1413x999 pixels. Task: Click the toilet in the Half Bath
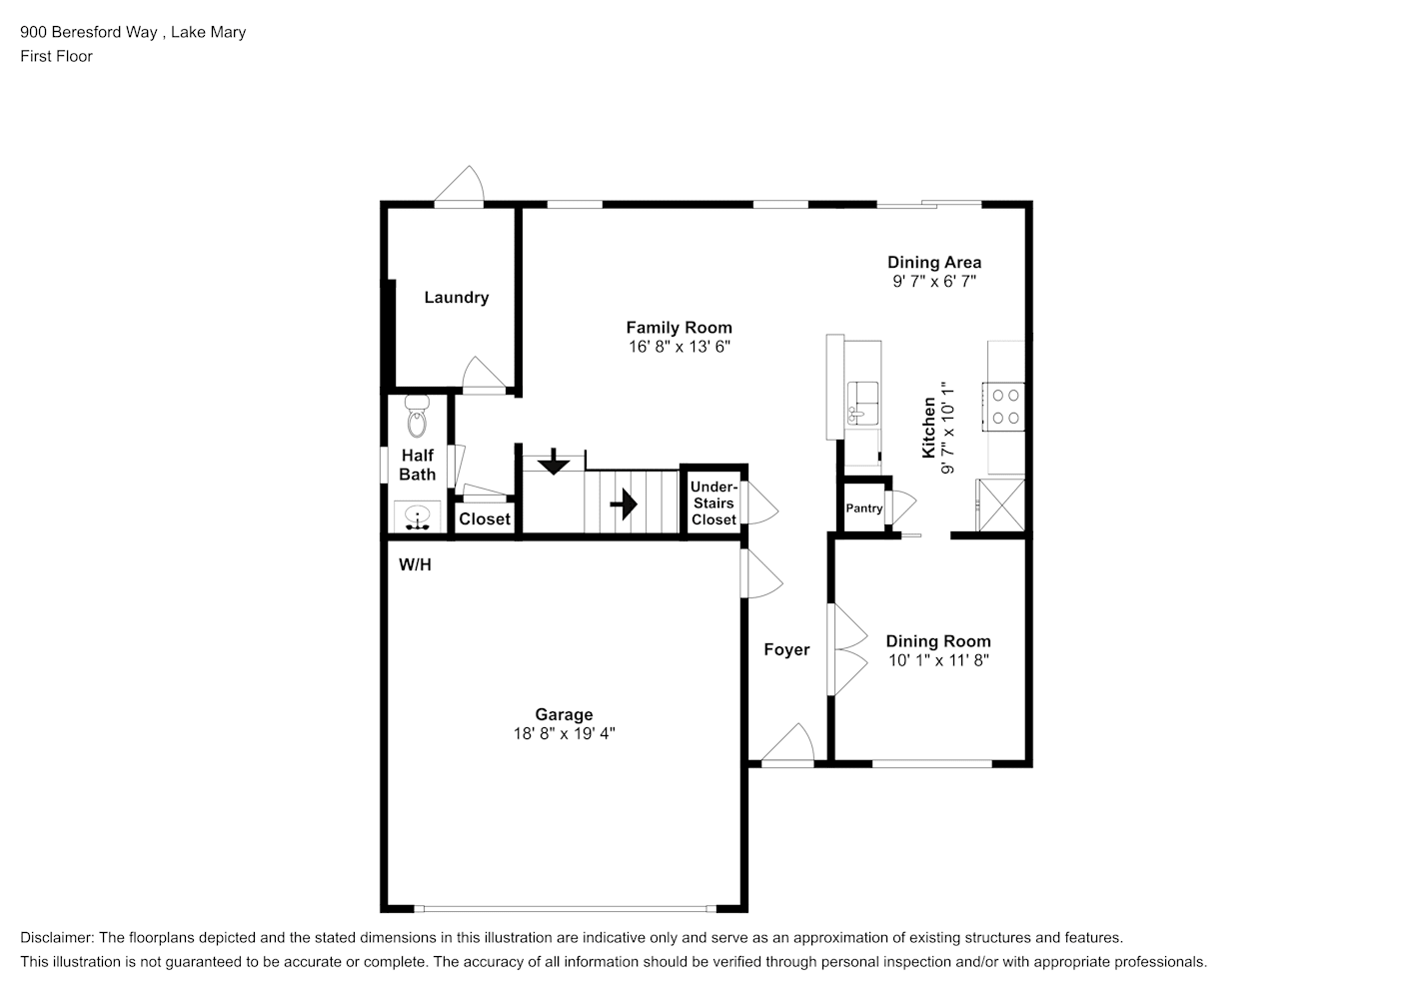coord(417,417)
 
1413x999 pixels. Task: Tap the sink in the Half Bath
coord(417,515)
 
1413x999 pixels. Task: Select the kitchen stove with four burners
coord(1003,407)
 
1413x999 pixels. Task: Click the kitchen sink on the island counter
coord(862,403)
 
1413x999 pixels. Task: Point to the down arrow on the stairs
coord(554,462)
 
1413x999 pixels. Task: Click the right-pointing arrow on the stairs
coord(624,503)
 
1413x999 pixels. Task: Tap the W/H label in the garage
coord(415,564)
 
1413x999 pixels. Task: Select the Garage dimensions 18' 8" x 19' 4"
coord(564,733)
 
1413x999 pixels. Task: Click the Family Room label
coord(679,328)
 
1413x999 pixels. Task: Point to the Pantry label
coord(863,508)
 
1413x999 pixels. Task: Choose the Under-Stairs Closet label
coord(713,503)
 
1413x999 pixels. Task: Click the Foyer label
coord(786,649)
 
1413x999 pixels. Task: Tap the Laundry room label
coord(456,298)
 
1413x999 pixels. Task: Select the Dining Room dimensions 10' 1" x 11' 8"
coord(938,660)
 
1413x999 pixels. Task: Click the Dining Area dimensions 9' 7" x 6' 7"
coord(934,282)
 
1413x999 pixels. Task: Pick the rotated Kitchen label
coord(928,427)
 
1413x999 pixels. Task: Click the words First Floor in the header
coord(56,56)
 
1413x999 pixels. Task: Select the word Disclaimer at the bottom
coord(57,938)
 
